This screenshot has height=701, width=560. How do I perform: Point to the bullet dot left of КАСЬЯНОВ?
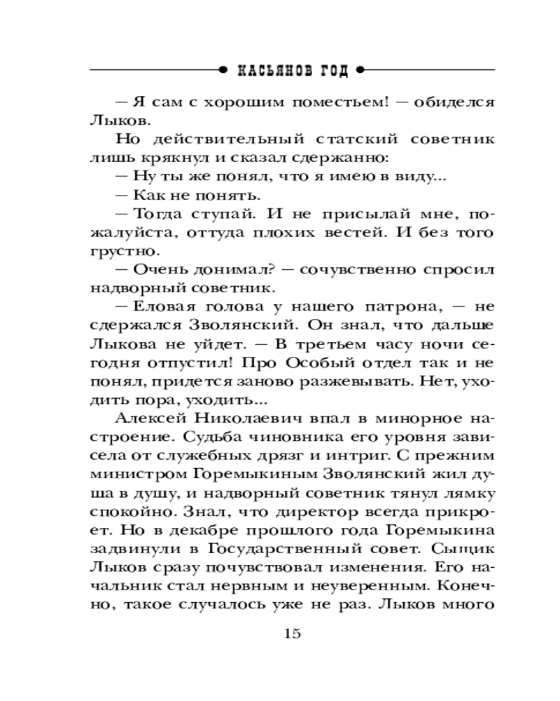tap(223, 71)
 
